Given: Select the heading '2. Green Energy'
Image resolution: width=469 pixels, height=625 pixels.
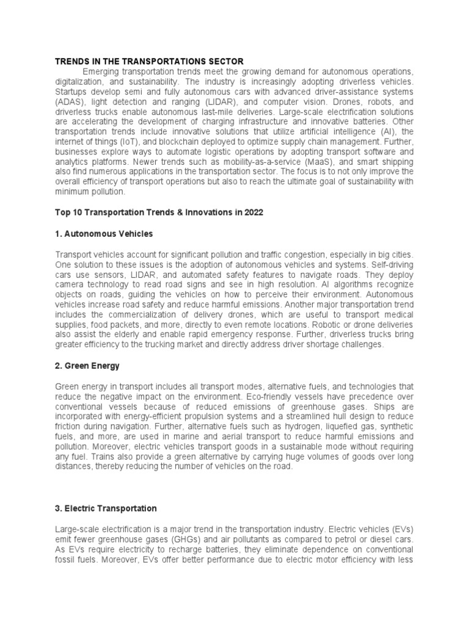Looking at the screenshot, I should tap(87, 366).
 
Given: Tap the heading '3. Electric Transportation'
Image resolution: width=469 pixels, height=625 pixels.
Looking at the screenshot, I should tap(106, 508).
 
